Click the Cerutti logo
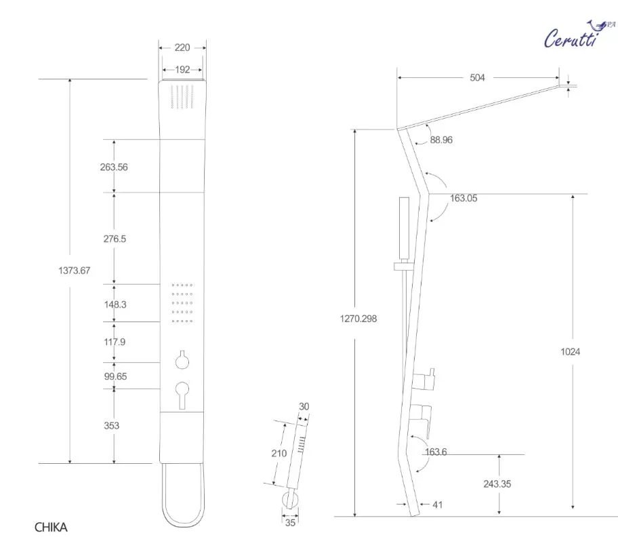pos(579,35)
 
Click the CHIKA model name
pos(51,528)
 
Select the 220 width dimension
pos(182,47)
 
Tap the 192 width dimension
pos(182,70)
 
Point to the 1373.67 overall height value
pos(75,271)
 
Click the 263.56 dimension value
pos(114,167)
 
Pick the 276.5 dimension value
pos(115,239)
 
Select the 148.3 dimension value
pos(115,304)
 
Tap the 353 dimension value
pos(112,425)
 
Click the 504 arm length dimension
pos(477,78)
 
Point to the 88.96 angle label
pos(441,140)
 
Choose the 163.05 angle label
pos(464,198)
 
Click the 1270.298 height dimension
pos(358,319)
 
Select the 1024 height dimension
pos(571,352)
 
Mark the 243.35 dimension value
pos(497,484)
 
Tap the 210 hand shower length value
pos(279,454)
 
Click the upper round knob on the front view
pos(182,360)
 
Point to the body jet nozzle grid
pos(182,303)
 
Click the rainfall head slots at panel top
pos(182,96)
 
